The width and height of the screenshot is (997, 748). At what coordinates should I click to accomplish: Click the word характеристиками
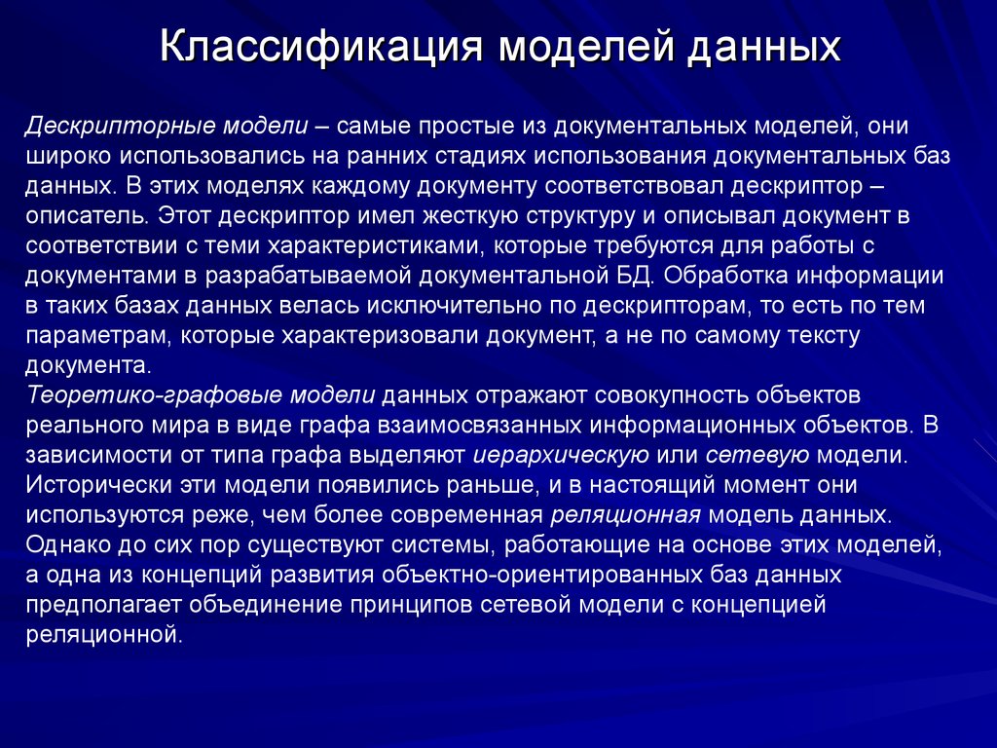(373, 244)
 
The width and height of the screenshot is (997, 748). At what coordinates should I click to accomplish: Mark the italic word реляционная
(626, 515)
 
